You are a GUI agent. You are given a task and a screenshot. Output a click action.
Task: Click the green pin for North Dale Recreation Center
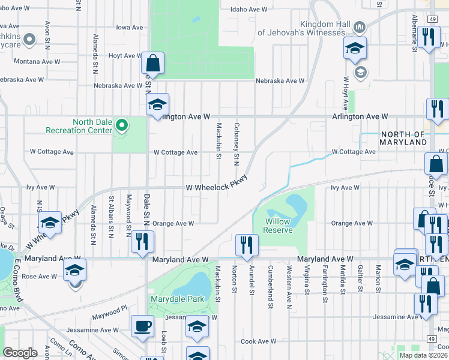tap(122, 125)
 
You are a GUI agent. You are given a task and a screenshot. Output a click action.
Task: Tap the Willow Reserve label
tap(278, 226)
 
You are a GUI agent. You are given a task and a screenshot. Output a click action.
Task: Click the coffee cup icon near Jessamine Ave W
tap(142, 326)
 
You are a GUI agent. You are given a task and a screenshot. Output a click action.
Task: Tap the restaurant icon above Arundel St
tap(247, 244)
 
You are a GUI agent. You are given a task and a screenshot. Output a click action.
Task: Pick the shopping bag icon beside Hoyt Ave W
tap(153, 62)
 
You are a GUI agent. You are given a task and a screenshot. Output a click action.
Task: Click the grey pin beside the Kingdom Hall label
tap(360, 27)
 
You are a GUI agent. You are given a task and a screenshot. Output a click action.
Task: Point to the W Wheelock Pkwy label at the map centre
tap(216, 187)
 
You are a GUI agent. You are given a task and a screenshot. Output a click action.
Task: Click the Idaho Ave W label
tap(249, 10)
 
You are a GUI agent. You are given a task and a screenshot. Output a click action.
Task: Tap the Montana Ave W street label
tap(37, 61)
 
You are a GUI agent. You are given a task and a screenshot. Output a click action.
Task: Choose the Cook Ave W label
tap(258, 341)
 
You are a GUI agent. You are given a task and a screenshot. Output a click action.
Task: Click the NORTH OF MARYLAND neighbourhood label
tap(403, 139)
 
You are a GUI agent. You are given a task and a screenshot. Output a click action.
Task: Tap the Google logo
tap(20, 353)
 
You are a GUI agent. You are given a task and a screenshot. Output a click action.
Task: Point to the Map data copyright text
tap(423, 355)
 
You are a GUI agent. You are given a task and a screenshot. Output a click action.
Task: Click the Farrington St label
tap(324, 279)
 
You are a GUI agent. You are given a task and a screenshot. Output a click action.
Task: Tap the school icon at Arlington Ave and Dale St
tap(157, 104)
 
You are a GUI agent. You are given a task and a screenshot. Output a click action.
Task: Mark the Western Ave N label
tap(289, 280)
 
